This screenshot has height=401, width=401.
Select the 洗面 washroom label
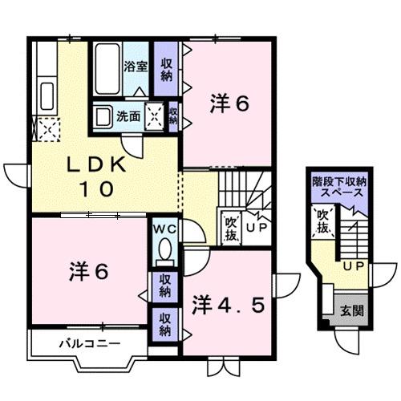(130, 115)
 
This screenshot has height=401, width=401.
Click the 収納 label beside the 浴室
(166, 70)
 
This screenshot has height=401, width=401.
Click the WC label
(166, 229)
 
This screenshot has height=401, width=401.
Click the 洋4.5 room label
(227, 305)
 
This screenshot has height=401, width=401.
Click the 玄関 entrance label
(346, 311)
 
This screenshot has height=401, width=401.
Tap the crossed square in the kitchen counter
(44, 128)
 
